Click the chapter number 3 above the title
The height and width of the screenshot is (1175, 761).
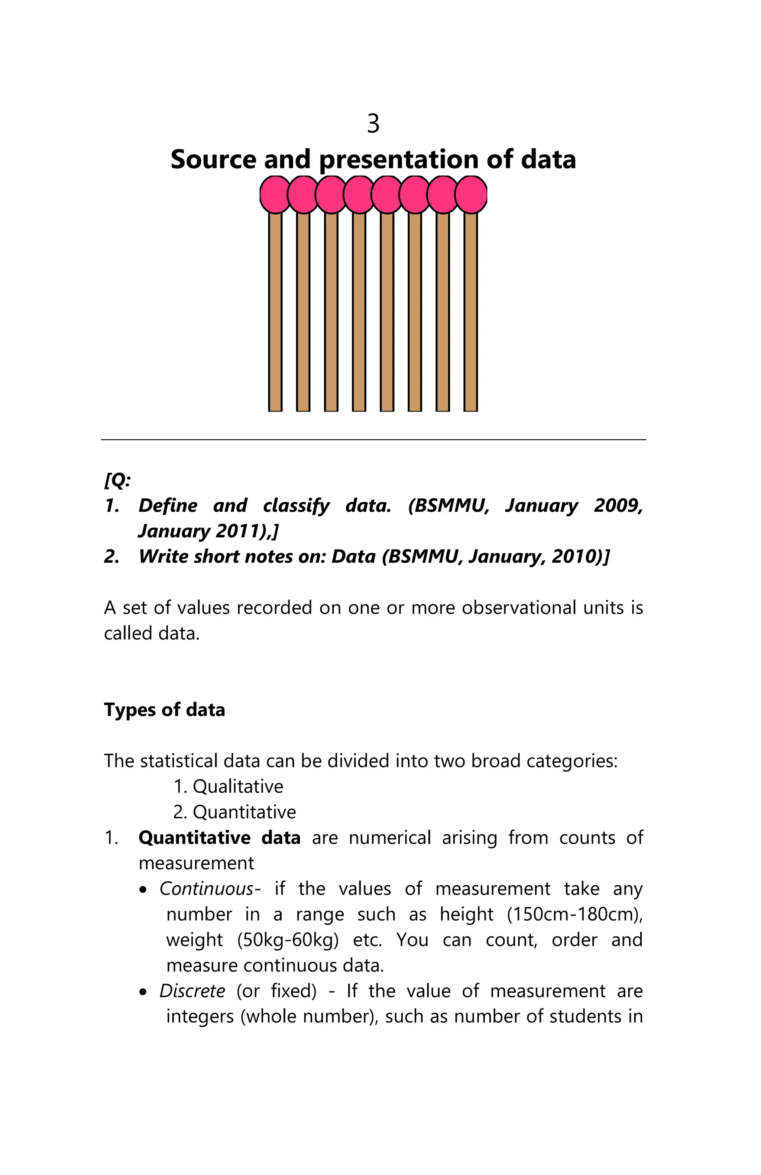click(x=373, y=123)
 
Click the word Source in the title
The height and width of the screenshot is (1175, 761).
click(x=214, y=159)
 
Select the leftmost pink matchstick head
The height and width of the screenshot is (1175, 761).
click(x=275, y=195)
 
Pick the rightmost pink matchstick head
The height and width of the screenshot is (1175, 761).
click(x=471, y=195)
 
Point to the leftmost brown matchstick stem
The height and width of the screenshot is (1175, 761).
click(x=275, y=311)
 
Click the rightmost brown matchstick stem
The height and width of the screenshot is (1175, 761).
click(x=471, y=311)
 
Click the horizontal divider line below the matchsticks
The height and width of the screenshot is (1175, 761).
click(x=373, y=439)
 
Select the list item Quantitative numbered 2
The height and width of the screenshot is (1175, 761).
click(x=244, y=812)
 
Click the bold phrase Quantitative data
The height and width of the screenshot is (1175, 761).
click(x=219, y=838)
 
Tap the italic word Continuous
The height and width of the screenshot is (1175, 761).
click(x=207, y=889)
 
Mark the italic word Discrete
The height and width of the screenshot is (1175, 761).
click(x=192, y=991)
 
